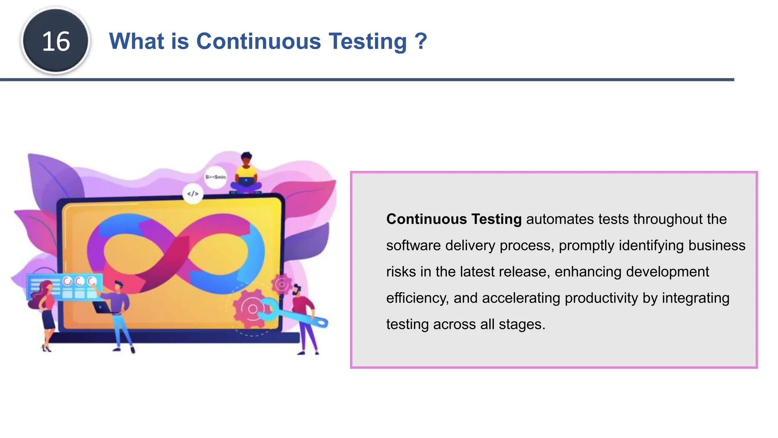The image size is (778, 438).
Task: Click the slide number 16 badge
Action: pos(56,41)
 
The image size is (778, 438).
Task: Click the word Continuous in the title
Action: pos(258,41)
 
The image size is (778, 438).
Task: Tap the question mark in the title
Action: pos(421,41)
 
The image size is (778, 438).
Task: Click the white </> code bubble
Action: pos(193,194)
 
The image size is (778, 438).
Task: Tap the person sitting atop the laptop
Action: pos(246,175)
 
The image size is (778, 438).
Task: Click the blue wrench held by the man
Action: pos(293,314)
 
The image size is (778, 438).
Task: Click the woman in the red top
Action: pos(46,312)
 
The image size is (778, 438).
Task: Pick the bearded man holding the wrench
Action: pos(304,316)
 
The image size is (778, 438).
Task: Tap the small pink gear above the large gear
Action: pos(282,284)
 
